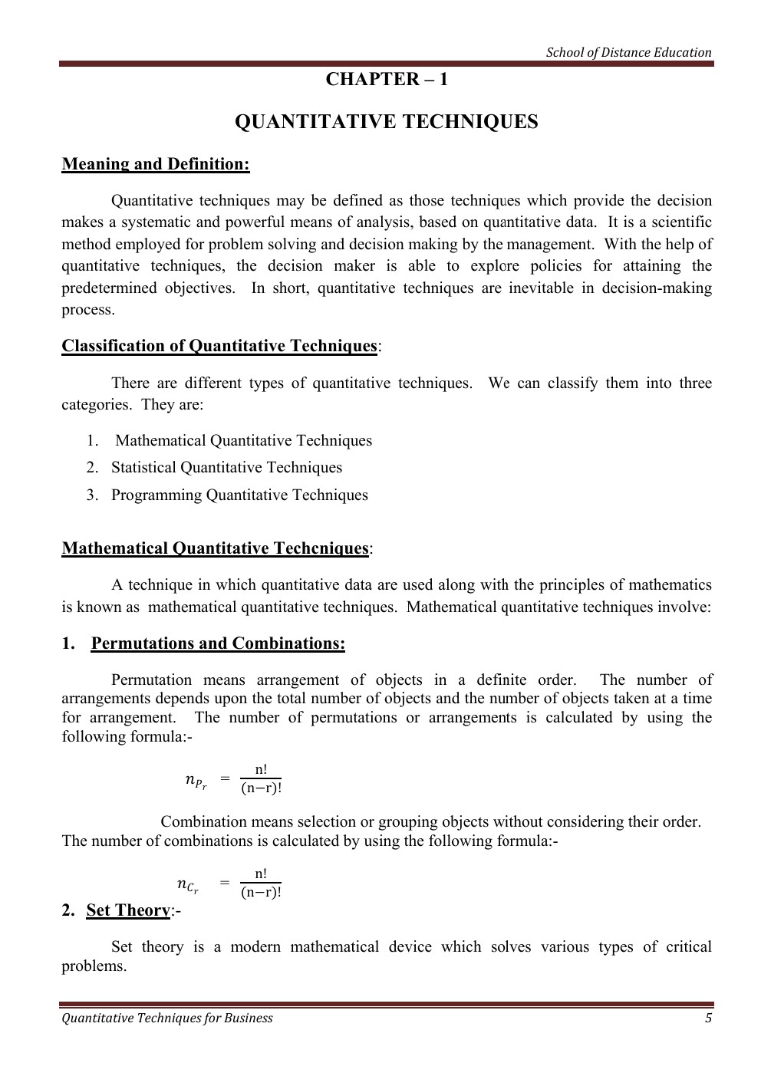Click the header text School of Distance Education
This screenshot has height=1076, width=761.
628,53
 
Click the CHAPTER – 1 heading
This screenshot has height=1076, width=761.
386,80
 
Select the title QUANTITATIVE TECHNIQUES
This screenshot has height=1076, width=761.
386,123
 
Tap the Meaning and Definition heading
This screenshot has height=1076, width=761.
156,164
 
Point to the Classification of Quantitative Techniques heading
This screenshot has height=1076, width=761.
219,346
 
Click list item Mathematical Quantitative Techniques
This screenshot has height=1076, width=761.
243,441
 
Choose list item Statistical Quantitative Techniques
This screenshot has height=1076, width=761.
226,468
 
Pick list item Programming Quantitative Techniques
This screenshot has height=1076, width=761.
239,495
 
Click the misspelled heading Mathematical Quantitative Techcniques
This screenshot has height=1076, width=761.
216,548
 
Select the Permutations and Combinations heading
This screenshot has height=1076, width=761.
218,643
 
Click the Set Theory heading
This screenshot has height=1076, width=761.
128,910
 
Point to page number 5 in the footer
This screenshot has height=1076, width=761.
708,1018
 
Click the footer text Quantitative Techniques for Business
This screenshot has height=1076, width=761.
167,1018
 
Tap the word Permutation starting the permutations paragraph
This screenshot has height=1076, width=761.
151,680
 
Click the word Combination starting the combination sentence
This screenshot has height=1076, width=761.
204,822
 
